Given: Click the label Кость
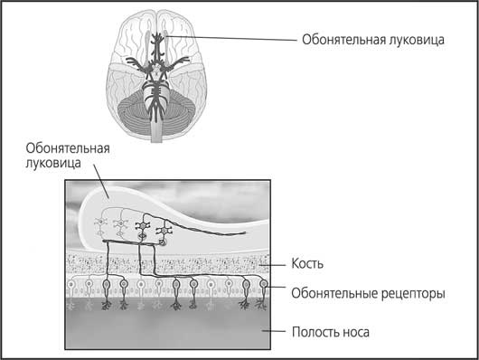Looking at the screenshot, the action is [x=307, y=263].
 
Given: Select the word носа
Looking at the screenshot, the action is [x=354, y=333].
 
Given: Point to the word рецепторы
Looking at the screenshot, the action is [x=413, y=294].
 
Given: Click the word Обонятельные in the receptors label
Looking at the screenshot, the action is [x=334, y=293].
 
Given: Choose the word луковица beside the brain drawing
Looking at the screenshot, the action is [x=417, y=40].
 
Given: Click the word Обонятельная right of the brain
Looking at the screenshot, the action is [x=343, y=40].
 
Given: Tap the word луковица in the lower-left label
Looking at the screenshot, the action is [x=53, y=163].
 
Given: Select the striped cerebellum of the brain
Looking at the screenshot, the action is [x=155, y=116].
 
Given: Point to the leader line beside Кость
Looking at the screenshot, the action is [x=272, y=265].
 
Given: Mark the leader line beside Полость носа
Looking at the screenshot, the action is [x=274, y=331].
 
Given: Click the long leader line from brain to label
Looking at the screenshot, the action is [x=231, y=38].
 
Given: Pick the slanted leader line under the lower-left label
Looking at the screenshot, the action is [x=101, y=181].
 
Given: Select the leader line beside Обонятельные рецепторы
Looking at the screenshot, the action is [x=276, y=288].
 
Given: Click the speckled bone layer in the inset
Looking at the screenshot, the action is [x=167, y=263].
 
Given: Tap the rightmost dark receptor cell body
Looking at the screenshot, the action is [x=263, y=284].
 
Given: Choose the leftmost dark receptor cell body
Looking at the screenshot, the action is [x=107, y=285].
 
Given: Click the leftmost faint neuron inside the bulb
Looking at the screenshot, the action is [x=100, y=223].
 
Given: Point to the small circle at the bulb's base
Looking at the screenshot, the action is [x=163, y=243].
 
